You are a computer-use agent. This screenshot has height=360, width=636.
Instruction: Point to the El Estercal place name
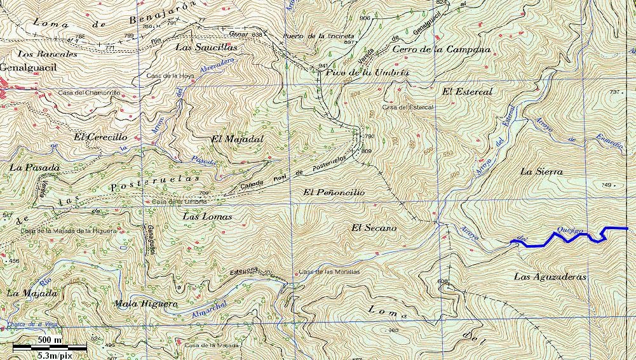(467, 92)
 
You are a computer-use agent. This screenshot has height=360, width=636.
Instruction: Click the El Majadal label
(236, 138)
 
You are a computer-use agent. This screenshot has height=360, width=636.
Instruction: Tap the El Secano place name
(374, 227)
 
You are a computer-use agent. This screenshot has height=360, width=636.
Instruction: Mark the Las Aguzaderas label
(550, 277)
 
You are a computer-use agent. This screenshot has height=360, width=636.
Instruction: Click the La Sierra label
(541, 171)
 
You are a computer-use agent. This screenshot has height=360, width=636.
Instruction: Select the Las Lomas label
(207, 217)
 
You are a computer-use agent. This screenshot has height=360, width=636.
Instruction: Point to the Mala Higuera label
(145, 303)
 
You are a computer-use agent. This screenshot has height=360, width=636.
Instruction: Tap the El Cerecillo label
(100, 137)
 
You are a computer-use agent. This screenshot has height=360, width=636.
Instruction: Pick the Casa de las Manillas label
(329, 272)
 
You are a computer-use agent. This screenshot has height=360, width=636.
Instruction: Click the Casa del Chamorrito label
(89, 93)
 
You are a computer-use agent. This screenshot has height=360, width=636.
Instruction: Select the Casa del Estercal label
(407, 107)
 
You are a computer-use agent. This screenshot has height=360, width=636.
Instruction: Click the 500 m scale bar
(50, 347)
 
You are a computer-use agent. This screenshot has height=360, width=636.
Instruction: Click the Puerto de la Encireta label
(313, 36)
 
